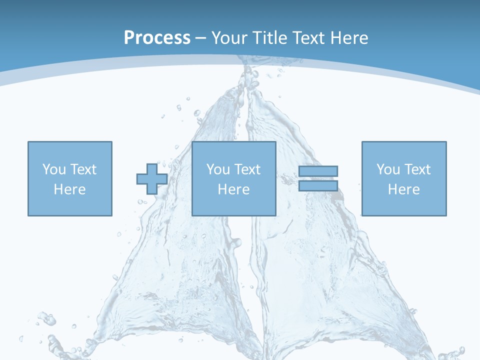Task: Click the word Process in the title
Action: (x=157, y=38)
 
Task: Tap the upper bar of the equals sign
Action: (x=318, y=171)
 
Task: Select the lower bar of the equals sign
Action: (x=318, y=186)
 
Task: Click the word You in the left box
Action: (x=54, y=169)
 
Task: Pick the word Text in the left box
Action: (x=83, y=169)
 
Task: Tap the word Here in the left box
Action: (x=69, y=189)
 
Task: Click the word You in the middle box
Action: (x=218, y=169)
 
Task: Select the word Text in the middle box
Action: (x=247, y=169)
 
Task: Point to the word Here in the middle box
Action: (x=233, y=189)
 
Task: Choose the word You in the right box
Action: (x=388, y=169)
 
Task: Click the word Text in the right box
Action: (x=417, y=169)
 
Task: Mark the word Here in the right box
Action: (x=403, y=189)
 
